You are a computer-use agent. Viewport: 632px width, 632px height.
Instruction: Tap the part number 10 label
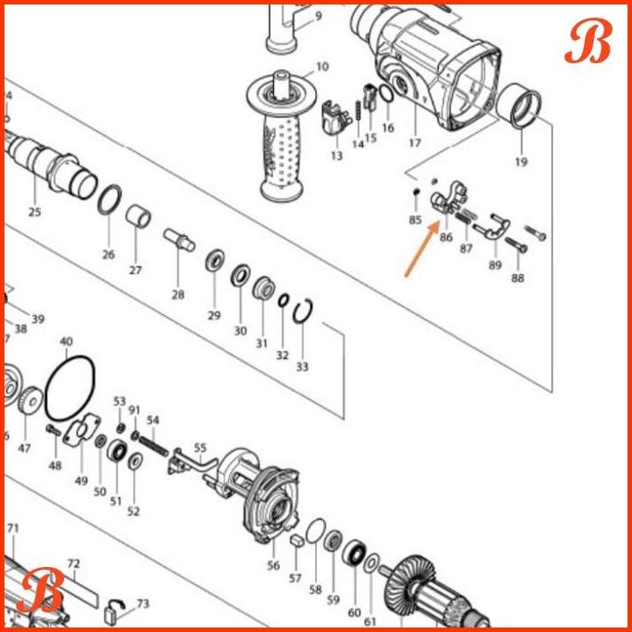[321, 66]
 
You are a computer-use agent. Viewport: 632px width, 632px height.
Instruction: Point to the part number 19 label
[521, 162]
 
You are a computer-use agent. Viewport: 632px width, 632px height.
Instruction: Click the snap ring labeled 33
[302, 314]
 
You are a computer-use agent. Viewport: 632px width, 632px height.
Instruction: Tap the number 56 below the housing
[273, 565]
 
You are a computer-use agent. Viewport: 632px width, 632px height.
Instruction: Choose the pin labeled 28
[178, 240]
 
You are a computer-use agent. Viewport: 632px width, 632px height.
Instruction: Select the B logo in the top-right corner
[587, 41]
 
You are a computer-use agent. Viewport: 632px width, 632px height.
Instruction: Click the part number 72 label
[74, 563]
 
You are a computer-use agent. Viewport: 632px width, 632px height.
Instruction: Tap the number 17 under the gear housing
[414, 142]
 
